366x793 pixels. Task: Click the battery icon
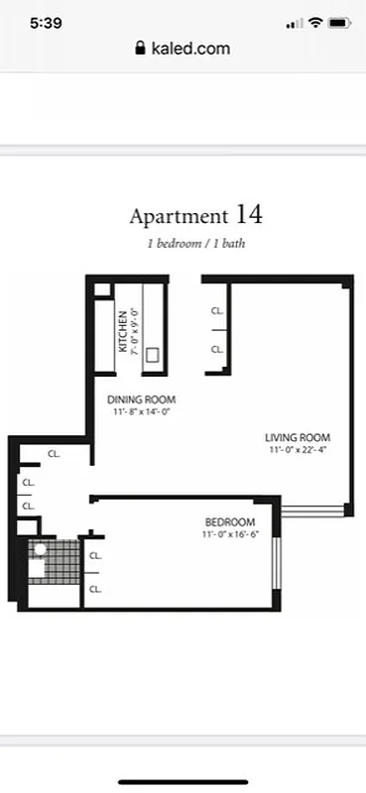338,22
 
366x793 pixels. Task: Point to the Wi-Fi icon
315,22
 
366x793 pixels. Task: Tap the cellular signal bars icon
294,23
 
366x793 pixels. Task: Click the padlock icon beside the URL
140,48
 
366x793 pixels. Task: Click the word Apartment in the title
179,216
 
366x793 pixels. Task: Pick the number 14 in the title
249,214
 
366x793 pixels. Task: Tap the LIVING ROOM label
297,437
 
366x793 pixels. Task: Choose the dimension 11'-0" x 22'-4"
297,449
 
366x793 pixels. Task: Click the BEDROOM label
230,522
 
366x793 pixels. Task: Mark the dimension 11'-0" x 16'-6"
230,535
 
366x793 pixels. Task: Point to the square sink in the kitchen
154,354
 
